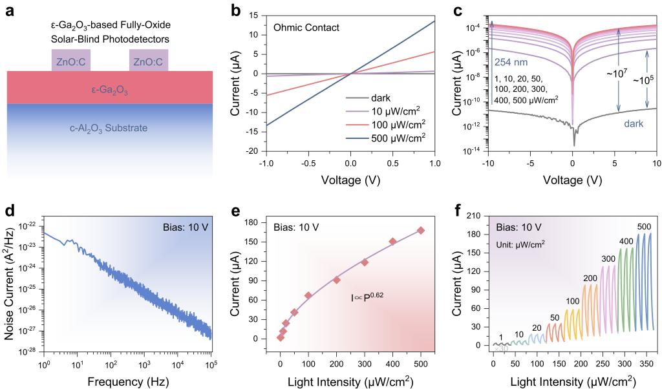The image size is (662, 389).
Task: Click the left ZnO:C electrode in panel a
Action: point(71,61)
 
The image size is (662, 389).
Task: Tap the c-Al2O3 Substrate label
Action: point(109,128)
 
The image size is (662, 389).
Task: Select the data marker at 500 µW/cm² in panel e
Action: point(421,231)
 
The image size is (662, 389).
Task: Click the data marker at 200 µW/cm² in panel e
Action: point(337,280)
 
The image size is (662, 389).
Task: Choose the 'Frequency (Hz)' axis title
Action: point(127,377)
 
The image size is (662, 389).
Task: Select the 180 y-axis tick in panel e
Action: point(261,222)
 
